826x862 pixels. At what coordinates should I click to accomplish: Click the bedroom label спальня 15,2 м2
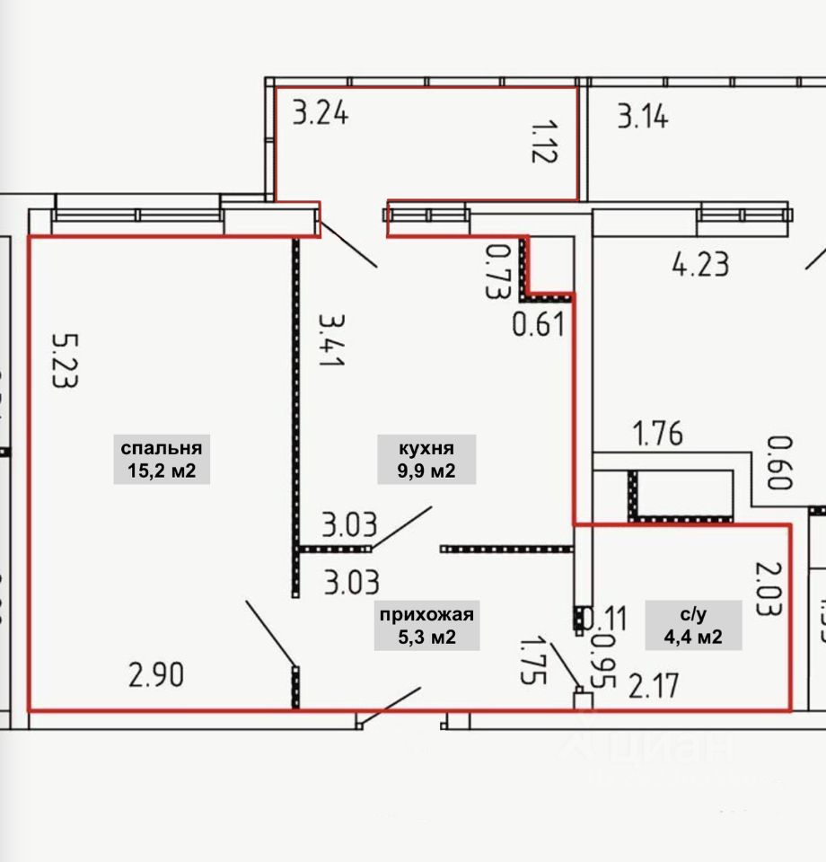pyautogui.click(x=162, y=460)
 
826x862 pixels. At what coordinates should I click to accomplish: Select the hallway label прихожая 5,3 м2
pyautogui.click(x=426, y=626)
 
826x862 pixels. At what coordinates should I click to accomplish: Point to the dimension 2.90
pyautogui.click(x=156, y=673)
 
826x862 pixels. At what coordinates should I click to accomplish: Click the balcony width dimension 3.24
pyautogui.click(x=321, y=115)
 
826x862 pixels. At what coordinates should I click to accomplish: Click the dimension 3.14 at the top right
pyautogui.click(x=642, y=117)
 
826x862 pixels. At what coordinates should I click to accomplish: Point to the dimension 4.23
pyautogui.click(x=700, y=265)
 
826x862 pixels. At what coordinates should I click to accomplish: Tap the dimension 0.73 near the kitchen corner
pyautogui.click(x=494, y=271)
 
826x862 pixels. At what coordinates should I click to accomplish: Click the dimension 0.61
pyautogui.click(x=539, y=323)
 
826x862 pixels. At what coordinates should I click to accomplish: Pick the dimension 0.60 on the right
pyautogui.click(x=779, y=463)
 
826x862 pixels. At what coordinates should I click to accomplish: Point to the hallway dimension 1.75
pyautogui.click(x=533, y=661)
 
